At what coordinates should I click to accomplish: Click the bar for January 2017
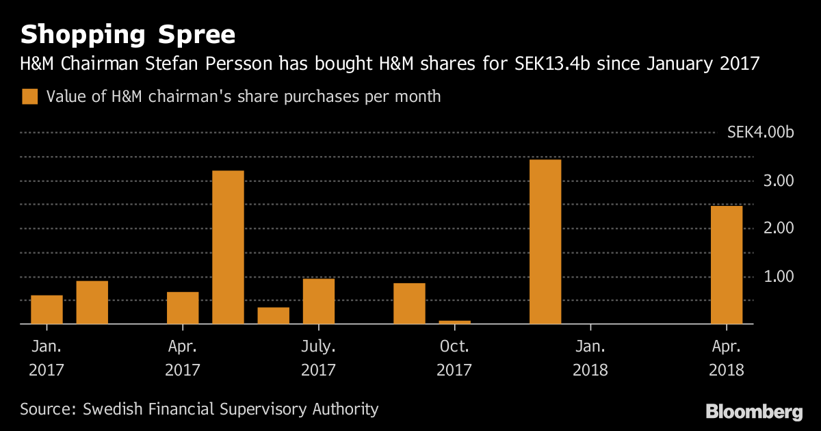pyautogui.click(x=47, y=309)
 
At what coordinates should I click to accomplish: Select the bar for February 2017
pyautogui.click(x=92, y=302)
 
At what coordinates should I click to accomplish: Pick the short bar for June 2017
pyautogui.click(x=273, y=315)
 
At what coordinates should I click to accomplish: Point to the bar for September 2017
pyautogui.click(x=409, y=303)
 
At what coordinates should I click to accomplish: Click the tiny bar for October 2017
pyautogui.click(x=454, y=322)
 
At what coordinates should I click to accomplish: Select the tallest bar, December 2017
pyautogui.click(x=545, y=241)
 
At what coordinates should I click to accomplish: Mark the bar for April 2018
pyautogui.click(x=727, y=264)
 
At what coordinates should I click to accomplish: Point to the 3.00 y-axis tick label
pyautogui.click(x=779, y=181)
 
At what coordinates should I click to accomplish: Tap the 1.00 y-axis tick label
pyautogui.click(x=779, y=276)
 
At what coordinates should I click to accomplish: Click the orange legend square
pyautogui.click(x=29, y=96)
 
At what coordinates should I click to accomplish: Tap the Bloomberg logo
pyautogui.click(x=753, y=411)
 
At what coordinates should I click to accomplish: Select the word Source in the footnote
pyautogui.click(x=47, y=410)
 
